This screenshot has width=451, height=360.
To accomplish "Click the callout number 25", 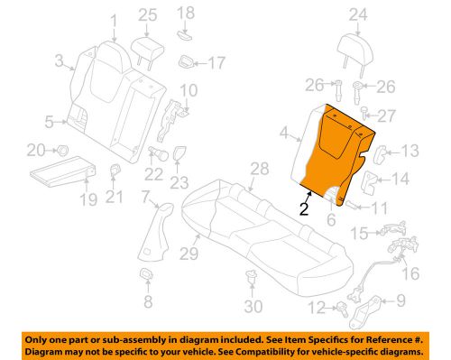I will pos(147,14).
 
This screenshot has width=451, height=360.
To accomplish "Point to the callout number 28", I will pos(260,169).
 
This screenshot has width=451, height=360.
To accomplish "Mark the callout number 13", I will pos(409,150).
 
